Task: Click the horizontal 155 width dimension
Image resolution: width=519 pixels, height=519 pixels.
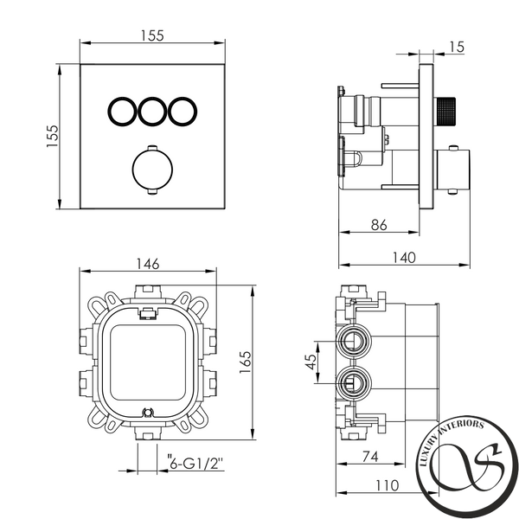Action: (x=152, y=35)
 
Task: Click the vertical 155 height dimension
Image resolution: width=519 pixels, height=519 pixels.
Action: (x=52, y=136)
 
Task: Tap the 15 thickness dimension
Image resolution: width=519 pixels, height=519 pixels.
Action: (x=457, y=47)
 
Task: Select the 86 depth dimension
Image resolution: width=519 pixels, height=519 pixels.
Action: (x=379, y=225)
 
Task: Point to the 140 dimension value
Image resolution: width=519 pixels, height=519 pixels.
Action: (x=404, y=258)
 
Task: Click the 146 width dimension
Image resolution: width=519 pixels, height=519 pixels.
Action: (x=148, y=264)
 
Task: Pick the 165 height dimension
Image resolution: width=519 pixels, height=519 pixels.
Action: (x=246, y=362)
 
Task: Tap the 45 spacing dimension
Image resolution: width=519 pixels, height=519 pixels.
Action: (x=311, y=362)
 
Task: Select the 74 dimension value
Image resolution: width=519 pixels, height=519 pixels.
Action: (x=370, y=457)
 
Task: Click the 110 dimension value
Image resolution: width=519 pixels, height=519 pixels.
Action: (x=388, y=485)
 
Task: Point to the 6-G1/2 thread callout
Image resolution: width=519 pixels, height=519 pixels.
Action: (x=195, y=464)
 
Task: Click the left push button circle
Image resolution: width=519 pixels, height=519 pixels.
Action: (x=122, y=112)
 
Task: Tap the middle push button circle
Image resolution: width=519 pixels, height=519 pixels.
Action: (x=152, y=112)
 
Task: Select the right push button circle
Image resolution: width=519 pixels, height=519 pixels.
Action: (x=183, y=112)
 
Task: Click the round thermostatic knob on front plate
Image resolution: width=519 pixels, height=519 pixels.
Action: (x=152, y=170)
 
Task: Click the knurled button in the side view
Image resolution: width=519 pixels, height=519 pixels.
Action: (x=445, y=112)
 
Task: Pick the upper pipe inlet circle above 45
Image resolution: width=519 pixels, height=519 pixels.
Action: (x=354, y=341)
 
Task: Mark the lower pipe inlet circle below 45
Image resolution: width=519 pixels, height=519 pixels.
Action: (x=354, y=383)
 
